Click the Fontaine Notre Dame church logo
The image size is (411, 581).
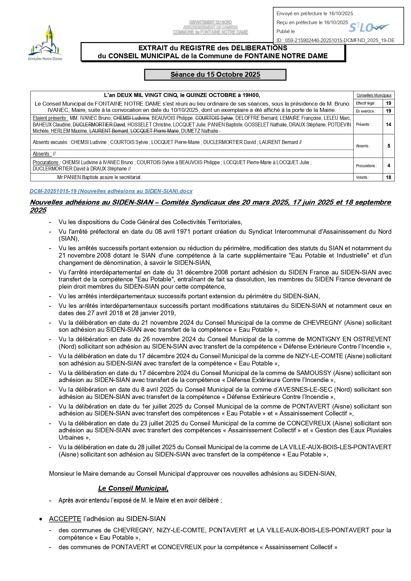[45, 42]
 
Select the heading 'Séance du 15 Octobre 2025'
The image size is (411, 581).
[215, 75]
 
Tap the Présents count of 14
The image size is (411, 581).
[388, 124]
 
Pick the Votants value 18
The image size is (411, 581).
[388, 177]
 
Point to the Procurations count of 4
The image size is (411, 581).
[388, 166]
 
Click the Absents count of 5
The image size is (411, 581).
[388, 146]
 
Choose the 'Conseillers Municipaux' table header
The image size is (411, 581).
[374, 95]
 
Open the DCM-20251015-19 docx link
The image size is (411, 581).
[111, 191]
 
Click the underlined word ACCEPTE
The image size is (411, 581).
[65, 519]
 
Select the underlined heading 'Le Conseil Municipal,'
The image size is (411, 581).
[133, 488]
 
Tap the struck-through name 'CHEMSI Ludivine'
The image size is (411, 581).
[131, 118]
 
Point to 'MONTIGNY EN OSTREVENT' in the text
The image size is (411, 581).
[349, 339]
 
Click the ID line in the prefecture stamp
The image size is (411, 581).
[335, 40]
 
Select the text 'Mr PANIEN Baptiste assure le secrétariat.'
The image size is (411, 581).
[99, 177]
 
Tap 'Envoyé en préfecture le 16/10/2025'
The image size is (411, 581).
[315, 14]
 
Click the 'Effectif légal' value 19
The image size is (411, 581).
[388, 103]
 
